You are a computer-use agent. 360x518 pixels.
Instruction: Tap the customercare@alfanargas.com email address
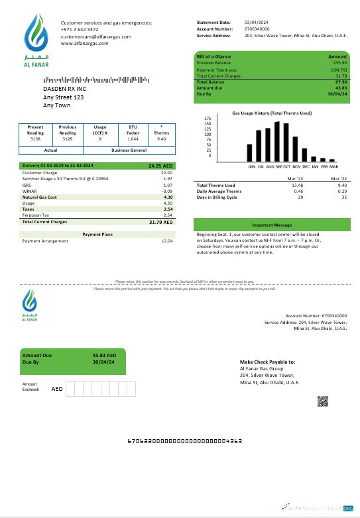coord(95,37)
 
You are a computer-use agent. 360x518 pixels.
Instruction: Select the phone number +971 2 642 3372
coord(80,30)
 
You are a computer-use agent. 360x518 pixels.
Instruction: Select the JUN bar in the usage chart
coord(250,153)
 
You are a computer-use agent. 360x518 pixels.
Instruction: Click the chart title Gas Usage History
coord(272,113)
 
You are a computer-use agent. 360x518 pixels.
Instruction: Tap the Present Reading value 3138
coord(36,139)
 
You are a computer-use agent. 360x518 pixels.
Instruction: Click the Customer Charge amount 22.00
coord(167,172)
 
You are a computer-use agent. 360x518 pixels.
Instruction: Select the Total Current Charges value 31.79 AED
coord(162,222)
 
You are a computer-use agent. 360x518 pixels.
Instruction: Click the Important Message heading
coord(271,225)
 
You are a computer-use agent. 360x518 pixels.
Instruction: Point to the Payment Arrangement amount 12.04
coord(167,240)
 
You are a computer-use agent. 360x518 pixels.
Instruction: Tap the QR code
coord(323,401)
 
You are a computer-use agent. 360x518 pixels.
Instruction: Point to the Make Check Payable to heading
coord(267,362)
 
